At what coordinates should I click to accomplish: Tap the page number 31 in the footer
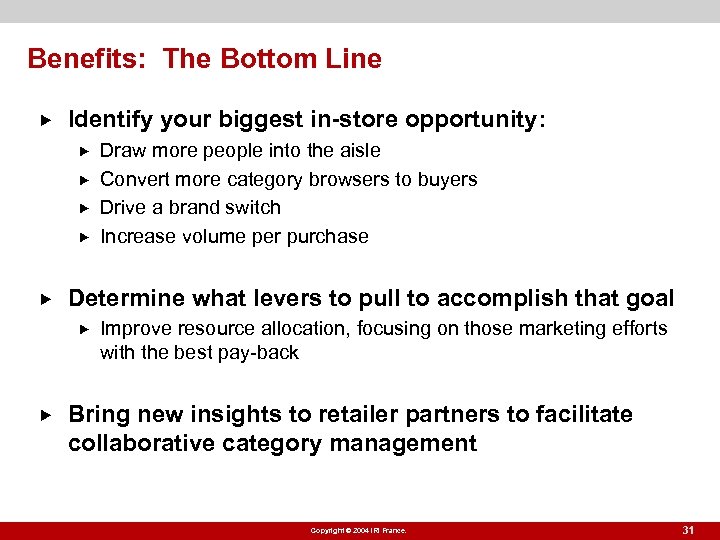(688, 530)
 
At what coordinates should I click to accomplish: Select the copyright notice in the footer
(358, 531)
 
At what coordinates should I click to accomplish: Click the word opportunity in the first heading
(471, 121)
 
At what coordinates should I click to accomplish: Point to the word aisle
(360, 151)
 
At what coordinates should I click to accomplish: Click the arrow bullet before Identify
(41, 121)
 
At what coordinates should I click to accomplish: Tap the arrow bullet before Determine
(41, 299)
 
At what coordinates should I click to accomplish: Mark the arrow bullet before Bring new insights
(41, 415)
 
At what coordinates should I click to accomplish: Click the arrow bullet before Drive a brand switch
(84, 208)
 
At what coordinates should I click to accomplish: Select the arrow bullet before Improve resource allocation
(84, 329)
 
